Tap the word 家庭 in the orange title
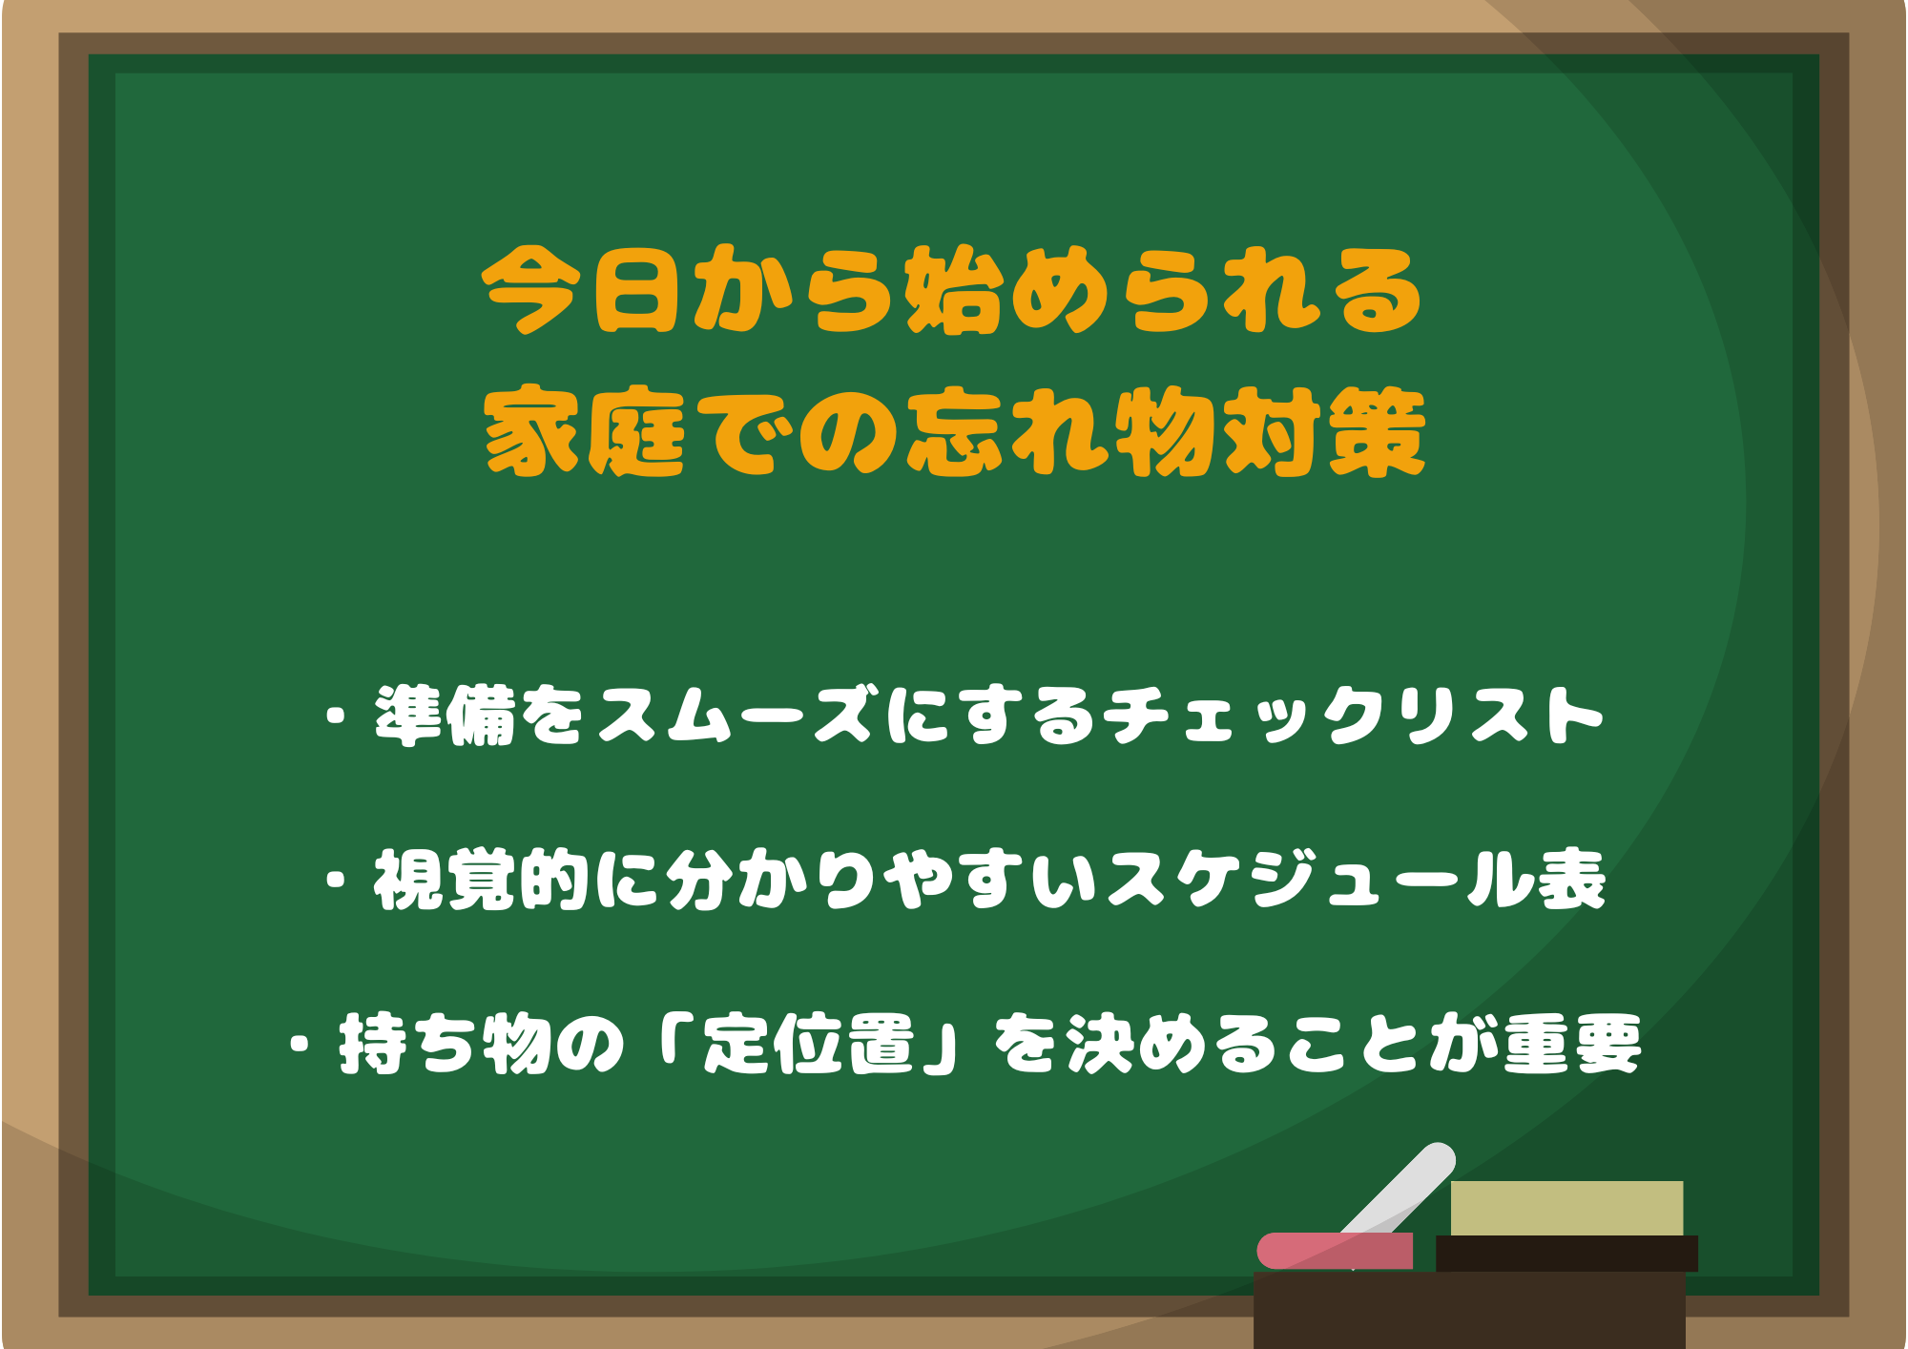coord(584,432)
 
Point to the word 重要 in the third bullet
coord(1572,1044)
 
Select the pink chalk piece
coord(1335,1251)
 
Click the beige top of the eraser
coord(1566,1208)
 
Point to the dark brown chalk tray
coord(1469,1309)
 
